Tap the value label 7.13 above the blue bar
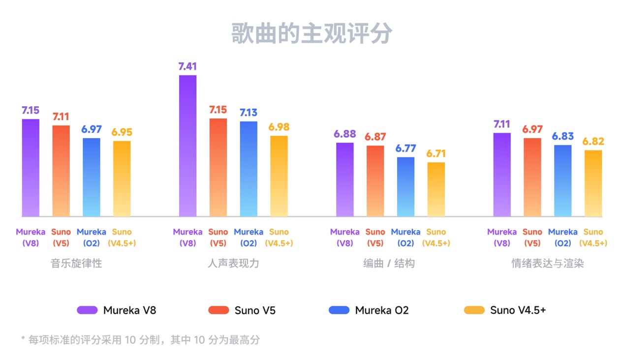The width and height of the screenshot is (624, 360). click(x=249, y=113)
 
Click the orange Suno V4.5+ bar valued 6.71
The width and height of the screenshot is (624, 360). click(x=436, y=189)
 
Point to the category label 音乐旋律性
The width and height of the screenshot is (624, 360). click(x=76, y=263)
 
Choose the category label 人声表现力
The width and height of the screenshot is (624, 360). click(x=233, y=263)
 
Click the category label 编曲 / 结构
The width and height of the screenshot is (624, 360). click(x=389, y=263)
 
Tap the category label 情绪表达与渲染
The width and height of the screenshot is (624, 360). click(x=547, y=263)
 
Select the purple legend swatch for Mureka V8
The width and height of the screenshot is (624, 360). click(x=87, y=310)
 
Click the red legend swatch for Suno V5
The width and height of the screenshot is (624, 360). click(x=218, y=310)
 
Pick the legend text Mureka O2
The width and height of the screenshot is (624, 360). click(x=381, y=310)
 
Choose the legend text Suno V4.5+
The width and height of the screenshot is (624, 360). click(x=518, y=310)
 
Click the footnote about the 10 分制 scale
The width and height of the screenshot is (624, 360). click(x=140, y=339)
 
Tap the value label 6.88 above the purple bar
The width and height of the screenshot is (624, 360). click(x=344, y=134)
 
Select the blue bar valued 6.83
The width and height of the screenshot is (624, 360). click(x=562, y=180)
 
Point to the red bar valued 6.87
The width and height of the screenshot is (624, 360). click(x=375, y=180)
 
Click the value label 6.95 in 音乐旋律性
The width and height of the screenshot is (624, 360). click(x=122, y=132)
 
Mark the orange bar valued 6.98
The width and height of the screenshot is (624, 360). click(x=279, y=176)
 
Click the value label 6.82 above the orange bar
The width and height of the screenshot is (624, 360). click(x=593, y=142)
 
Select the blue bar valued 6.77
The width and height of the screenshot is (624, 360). click(x=406, y=187)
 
